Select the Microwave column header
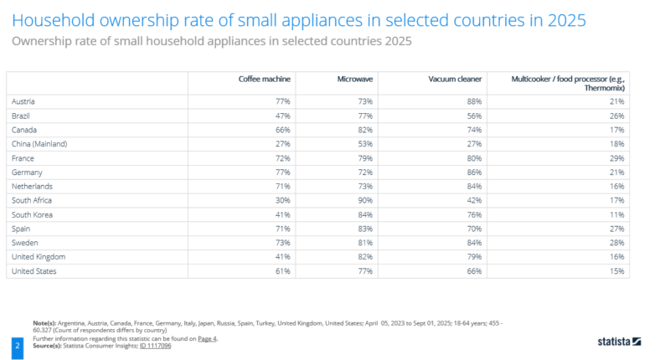click(355, 79)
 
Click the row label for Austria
click(23, 100)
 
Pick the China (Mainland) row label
click(39, 144)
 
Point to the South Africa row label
click(31, 200)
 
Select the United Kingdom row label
click(38, 256)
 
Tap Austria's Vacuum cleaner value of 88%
click(473, 100)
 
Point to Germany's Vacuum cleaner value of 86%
click(473, 172)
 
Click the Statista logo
click(619, 342)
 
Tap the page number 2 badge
click(16, 342)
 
